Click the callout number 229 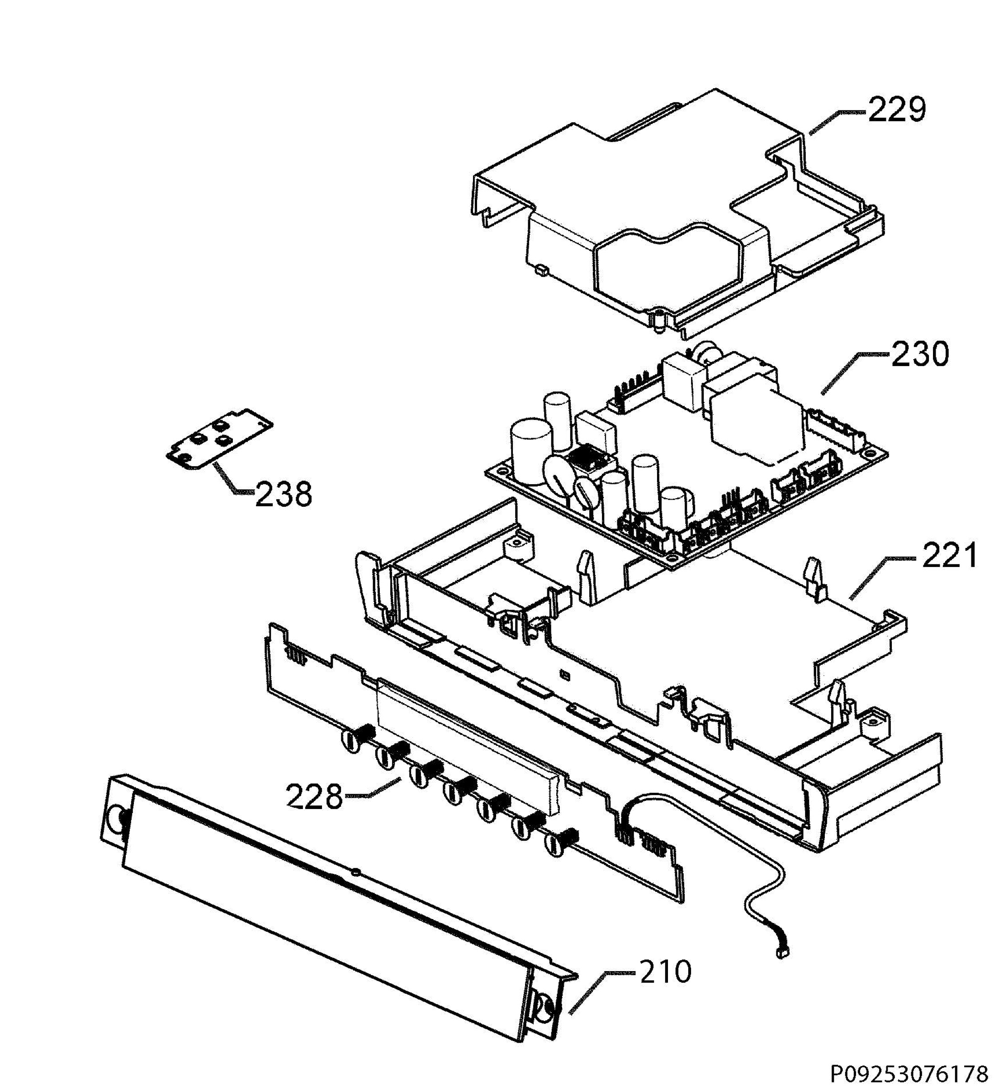896,110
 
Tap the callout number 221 949,556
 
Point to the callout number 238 283,495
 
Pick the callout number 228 314,797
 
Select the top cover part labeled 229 678,215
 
